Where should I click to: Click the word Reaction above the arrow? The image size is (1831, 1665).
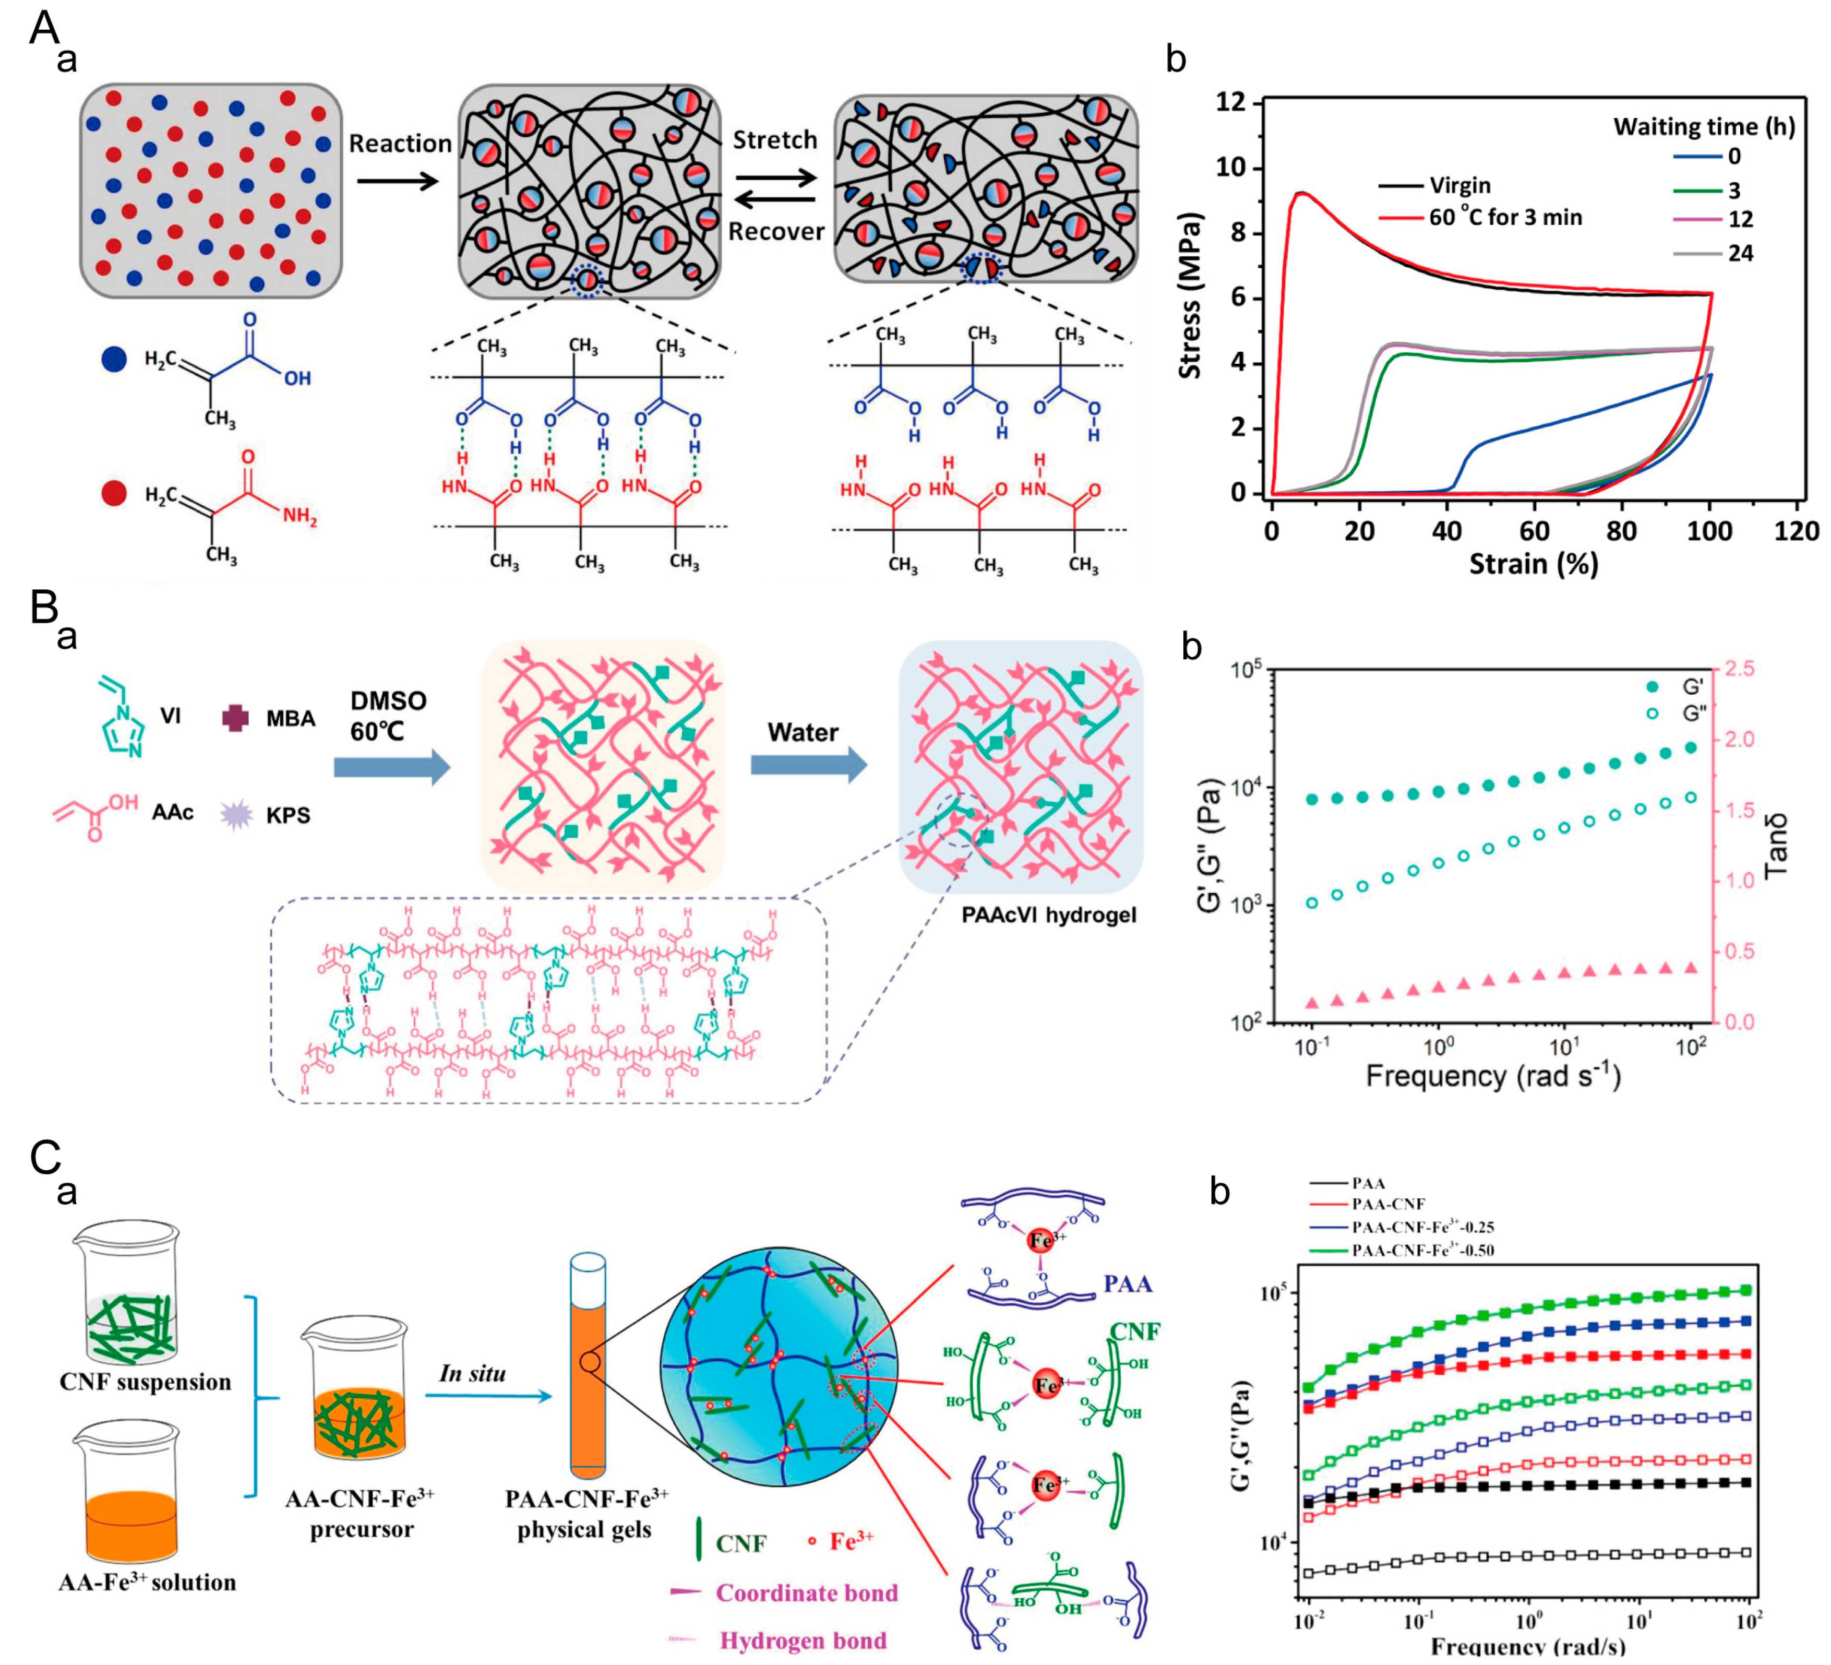click(x=400, y=144)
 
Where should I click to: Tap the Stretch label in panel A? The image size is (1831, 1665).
click(x=775, y=140)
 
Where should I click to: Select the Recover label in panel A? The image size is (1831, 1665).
click(x=775, y=232)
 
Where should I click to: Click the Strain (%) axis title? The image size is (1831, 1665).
click(x=1533, y=564)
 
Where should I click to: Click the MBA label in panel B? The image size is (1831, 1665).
click(x=291, y=719)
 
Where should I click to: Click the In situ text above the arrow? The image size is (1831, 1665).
click(x=472, y=1373)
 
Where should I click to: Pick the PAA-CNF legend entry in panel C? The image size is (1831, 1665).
click(x=1388, y=1204)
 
